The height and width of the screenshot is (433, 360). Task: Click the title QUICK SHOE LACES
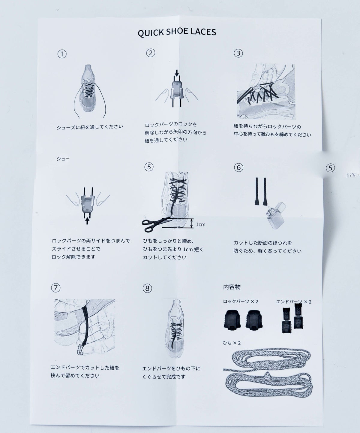[x=177, y=32]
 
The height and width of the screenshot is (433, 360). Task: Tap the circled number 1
[x=62, y=54]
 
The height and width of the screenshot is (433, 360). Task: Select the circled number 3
[x=238, y=53]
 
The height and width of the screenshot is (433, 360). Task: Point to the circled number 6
[x=238, y=167]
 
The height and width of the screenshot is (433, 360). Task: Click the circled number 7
[x=55, y=288]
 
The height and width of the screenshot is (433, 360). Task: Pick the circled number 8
[x=147, y=288]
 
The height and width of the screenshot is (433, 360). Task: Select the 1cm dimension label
[x=200, y=225]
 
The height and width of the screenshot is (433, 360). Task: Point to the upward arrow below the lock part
[x=87, y=221]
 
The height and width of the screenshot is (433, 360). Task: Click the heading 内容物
[x=232, y=287]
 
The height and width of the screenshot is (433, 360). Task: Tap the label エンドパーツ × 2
[x=293, y=301]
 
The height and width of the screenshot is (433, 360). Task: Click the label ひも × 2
[x=232, y=343]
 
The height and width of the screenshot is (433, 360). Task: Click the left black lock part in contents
[x=231, y=319]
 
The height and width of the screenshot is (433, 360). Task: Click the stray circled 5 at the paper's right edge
[x=330, y=168]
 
